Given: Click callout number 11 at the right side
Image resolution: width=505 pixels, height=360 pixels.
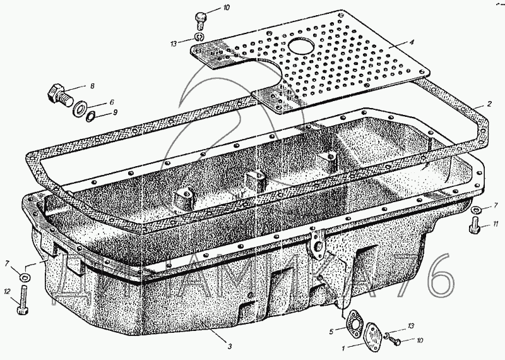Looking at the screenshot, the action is (x=496, y=224).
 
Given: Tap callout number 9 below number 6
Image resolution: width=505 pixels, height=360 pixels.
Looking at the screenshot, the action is (x=114, y=112).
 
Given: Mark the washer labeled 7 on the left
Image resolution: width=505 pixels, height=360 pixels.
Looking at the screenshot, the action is (x=23, y=277).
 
